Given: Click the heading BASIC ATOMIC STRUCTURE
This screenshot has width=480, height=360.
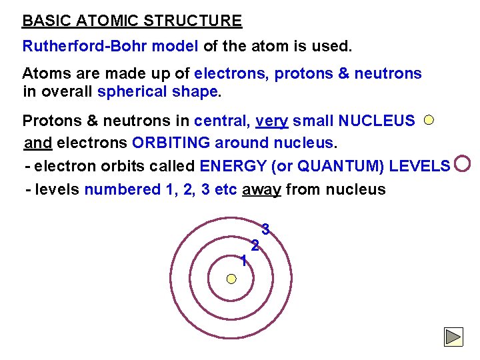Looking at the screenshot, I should pyautogui.click(x=132, y=21).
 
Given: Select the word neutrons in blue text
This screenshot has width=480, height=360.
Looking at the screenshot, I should pyautogui.click(x=388, y=73).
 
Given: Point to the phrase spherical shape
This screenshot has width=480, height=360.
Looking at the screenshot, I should pyautogui.click(x=157, y=91).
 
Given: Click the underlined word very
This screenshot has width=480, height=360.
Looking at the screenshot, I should pyautogui.click(x=271, y=121).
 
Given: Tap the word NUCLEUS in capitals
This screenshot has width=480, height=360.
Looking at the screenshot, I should pyautogui.click(x=377, y=121).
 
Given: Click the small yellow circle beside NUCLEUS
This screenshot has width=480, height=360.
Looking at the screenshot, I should pyautogui.click(x=429, y=120).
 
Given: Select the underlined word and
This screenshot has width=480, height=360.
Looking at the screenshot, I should pyautogui.click(x=38, y=143).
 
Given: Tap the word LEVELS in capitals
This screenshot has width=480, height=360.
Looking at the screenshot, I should pyautogui.click(x=419, y=166).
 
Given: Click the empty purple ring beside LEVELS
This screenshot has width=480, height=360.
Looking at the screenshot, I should pyautogui.click(x=462, y=163).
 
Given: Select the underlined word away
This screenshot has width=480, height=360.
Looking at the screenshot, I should pyautogui.click(x=261, y=190).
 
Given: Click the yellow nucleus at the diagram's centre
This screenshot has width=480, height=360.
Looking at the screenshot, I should pyautogui.click(x=231, y=278).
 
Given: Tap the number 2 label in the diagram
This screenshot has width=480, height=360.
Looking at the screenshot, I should pyautogui.click(x=255, y=245).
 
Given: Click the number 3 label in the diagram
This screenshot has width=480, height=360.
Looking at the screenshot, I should pyautogui.click(x=265, y=230).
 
